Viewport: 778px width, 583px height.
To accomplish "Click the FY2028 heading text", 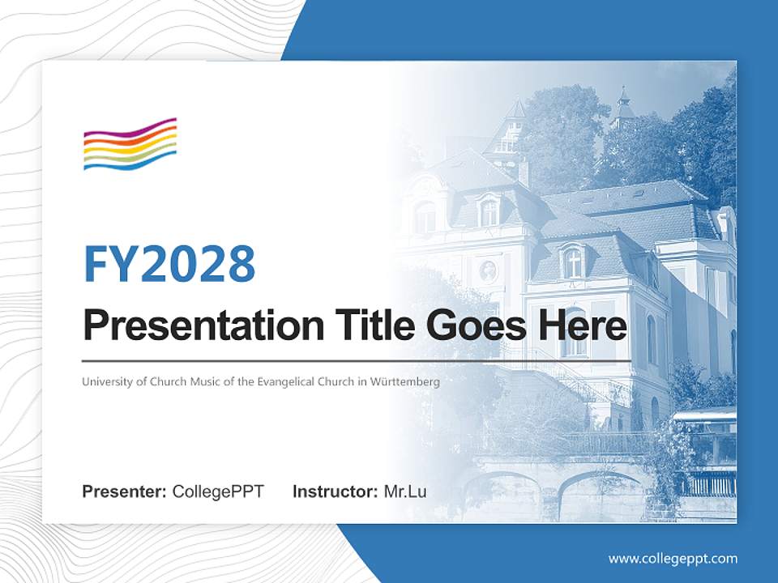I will pos(169,263).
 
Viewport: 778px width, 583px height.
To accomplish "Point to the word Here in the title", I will pos(582,326).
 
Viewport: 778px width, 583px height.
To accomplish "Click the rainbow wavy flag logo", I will pos(130,144).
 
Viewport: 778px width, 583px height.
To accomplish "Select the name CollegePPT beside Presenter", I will pos(218,492).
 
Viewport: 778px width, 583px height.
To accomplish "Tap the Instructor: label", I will pos(335,492).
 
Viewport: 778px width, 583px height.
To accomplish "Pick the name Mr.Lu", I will pos(405,492).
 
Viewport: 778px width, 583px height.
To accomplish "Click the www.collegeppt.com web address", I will pos(673,558).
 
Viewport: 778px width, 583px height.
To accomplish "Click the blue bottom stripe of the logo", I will pos(130,162).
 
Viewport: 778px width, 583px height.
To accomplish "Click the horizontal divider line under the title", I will pos(357,360).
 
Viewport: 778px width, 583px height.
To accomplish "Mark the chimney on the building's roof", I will pos(524,171).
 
